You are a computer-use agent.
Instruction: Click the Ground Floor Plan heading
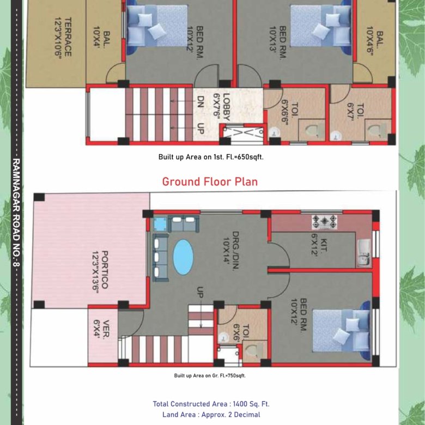tap(210, 181)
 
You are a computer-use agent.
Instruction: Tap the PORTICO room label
tap(105, 270)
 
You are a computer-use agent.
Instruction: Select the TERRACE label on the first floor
tap(68, 37)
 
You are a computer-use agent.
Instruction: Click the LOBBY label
tap(226, 107)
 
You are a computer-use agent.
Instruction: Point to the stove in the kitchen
tap(324, 222)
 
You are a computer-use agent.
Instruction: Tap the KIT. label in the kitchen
tap(323, 245)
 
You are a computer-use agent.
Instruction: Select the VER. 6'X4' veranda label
tap(101, 329)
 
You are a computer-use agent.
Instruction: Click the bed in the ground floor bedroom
tap(342, 331)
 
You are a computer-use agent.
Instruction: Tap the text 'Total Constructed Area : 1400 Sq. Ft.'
tap(211, 404)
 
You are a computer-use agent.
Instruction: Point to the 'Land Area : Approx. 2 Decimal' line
tap(211, 415)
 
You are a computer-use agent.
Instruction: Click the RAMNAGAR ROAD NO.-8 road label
tap(16, 212)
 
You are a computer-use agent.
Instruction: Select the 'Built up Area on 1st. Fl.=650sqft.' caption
tap(211, 157)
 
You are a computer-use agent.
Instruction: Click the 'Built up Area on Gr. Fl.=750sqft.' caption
tap(210, 375)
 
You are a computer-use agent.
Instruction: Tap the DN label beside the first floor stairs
tap(200, 102)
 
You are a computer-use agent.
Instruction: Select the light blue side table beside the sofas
tap(160, 224)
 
